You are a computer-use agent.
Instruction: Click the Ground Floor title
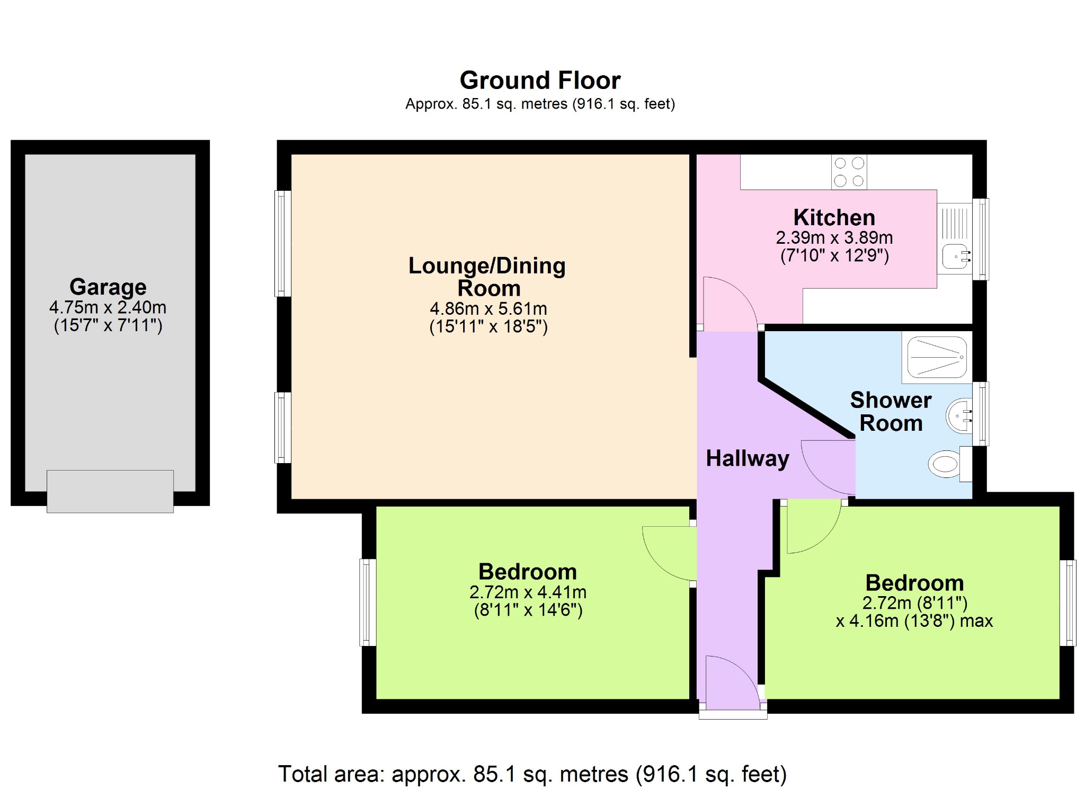click(x=540, y=81)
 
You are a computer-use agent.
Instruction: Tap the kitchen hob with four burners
click(x=849, y=172)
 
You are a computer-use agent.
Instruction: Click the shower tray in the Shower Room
click(x=937, y=358)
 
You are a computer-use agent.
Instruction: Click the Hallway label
click(x=748, y=459)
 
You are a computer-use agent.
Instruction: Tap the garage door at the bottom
click(x=110, y=491)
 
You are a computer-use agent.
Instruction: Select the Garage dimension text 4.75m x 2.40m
click(x=108, y=307)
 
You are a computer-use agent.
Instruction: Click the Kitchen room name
click(x=834, y=218)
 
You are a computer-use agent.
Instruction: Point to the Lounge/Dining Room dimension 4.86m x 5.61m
click(x=488, y=308)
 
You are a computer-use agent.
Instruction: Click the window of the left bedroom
click(x=368, y=602)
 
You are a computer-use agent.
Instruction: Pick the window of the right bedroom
click(x=1068, y=603)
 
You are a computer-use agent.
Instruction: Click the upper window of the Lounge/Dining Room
click(x=283, y=243)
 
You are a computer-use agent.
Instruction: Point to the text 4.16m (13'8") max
click(x=914, y=621)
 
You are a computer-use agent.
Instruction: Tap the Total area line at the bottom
click(x=532, y=774)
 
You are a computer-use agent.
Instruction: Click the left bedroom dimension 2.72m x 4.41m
click(x=528, y=592)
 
